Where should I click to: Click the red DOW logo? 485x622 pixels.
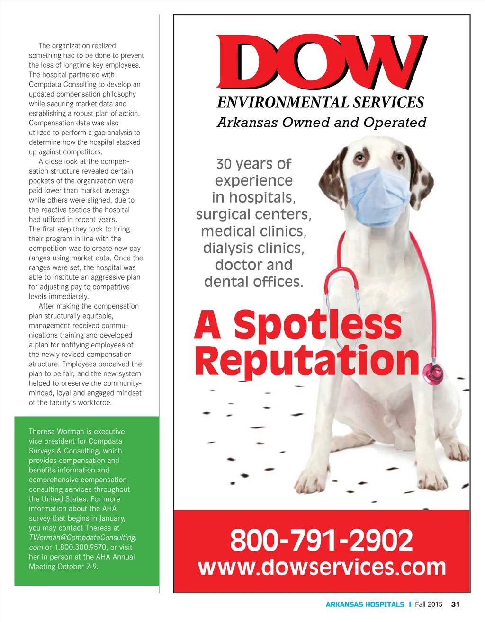click(x=321, y=62)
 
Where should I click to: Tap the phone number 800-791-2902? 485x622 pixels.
click(x=321, y=540)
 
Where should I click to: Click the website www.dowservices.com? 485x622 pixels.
click(x=322, y=567)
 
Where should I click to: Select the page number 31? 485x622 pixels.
click(x=455, y=604)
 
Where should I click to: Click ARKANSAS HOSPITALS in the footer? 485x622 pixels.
click(x=365, y=604)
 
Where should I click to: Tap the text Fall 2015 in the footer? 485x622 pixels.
click(x=429, y=604)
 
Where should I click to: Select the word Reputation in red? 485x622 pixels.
click(x=307, y=361)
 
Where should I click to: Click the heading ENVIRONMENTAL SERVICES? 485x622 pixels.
click(x=320, y=102)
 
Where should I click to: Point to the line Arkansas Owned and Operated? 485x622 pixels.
click(x=321, y=123)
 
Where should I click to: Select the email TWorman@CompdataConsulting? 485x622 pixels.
click(x=82, y=537)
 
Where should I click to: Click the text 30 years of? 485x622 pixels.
click(x=253, y=164)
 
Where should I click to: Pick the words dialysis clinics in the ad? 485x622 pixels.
click(x=253, y=248)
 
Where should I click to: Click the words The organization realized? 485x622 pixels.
click(x=77, y=46)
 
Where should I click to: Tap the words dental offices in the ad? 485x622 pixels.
click(x=253, y=282)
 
